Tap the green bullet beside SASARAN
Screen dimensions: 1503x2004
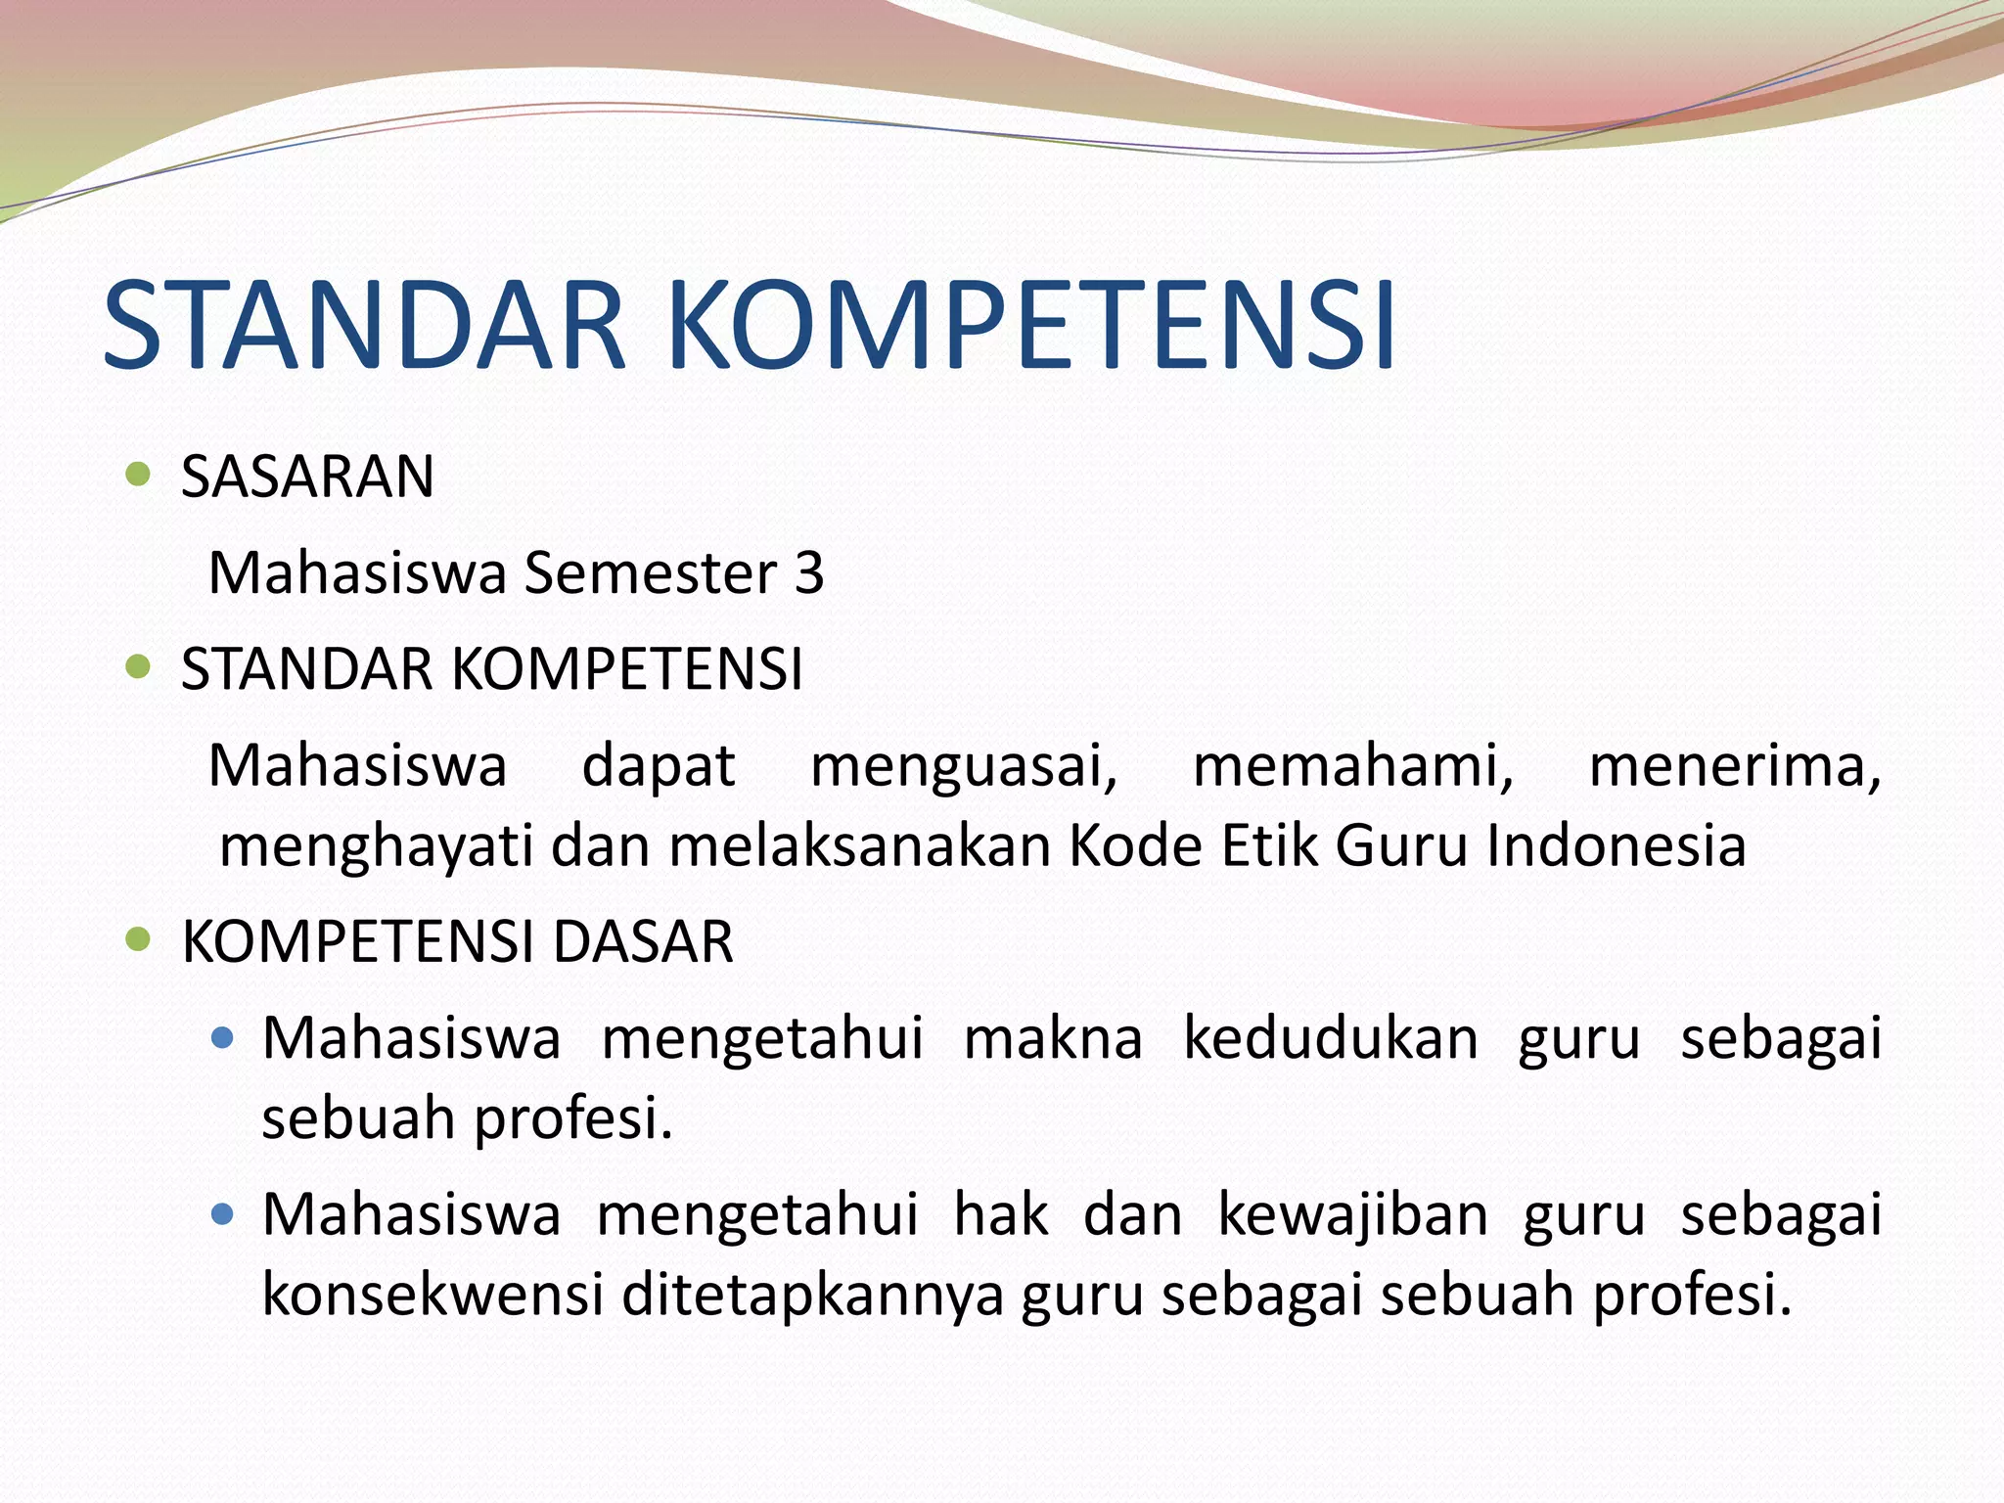click(139, 476)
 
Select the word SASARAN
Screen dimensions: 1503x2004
click(307, 478)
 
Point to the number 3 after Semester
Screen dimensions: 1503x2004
click(808, 572)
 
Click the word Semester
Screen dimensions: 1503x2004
click(651, 572)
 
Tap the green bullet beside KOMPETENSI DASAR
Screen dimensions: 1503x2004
click(139, 940)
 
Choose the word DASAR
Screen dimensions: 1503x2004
click(643, 942)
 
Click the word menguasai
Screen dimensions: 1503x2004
click(964, 766)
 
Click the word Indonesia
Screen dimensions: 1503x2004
click(1616, 845)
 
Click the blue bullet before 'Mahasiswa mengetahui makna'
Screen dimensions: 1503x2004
click(223, 1037)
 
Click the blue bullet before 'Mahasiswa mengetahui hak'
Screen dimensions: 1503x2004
click(223, 1215)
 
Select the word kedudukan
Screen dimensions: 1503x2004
click(1331, 1038)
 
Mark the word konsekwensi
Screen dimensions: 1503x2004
click(433, 1295)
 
